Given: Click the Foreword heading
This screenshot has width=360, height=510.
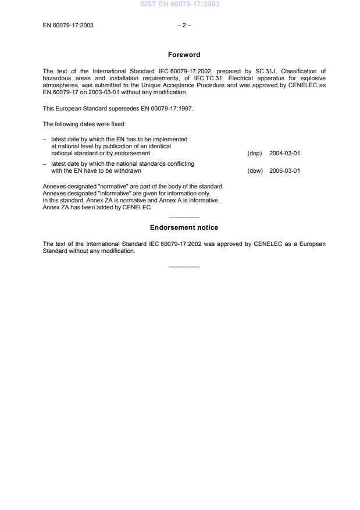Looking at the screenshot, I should point(184,55).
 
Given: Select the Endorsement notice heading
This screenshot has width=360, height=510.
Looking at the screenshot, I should point(184,227).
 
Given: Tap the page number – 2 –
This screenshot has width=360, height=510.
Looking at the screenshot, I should point(184,26).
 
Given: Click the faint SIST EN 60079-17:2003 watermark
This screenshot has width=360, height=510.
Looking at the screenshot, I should point(180,4).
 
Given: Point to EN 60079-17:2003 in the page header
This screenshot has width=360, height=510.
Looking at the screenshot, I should point(68,26).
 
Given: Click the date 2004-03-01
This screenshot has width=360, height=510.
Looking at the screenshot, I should point(284,154).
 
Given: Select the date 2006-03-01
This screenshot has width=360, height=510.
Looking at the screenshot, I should point(284,171).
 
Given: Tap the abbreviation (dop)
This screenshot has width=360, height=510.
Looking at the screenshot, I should point(255,154).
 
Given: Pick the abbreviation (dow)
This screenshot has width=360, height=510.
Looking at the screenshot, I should point(255,171).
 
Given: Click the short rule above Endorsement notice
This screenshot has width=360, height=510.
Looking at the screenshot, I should point(184,217).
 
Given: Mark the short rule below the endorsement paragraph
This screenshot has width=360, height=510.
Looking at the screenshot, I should point(184,267).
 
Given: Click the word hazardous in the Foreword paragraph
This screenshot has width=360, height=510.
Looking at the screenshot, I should point(56,78).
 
